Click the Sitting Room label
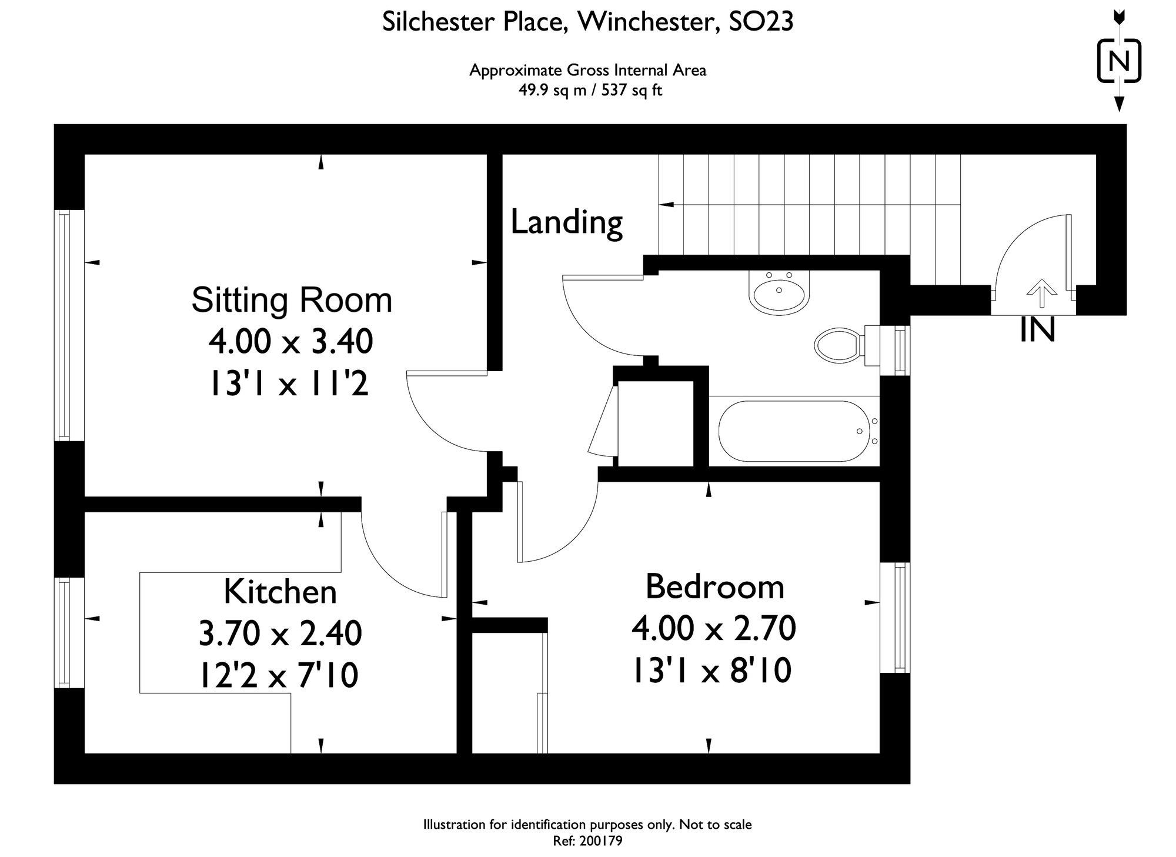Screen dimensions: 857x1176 coord(292,300)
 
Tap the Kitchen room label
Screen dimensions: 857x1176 coord(280,592)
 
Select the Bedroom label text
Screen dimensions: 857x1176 coord(715,586)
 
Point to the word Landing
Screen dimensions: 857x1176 coord(566,222)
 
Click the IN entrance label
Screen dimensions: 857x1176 coord(1037,331)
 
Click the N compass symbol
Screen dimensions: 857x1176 coord(1119,61)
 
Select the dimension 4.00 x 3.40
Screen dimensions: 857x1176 coord(291,342)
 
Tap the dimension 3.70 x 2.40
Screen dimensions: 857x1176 coord(280,634)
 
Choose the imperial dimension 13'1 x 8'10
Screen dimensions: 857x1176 coord(711,671)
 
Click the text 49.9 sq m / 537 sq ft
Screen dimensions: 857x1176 coord(590,91)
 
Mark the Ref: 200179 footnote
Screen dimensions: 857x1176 coord(587,841)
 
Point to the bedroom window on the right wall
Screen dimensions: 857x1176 coord(901,617)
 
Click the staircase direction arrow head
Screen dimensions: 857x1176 coord(666,205)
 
